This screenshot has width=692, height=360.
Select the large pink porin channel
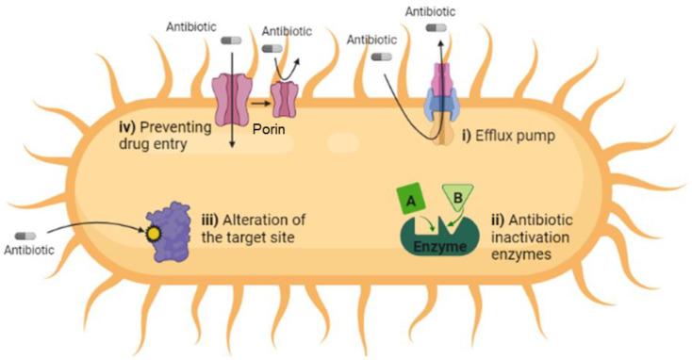point(231,99)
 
